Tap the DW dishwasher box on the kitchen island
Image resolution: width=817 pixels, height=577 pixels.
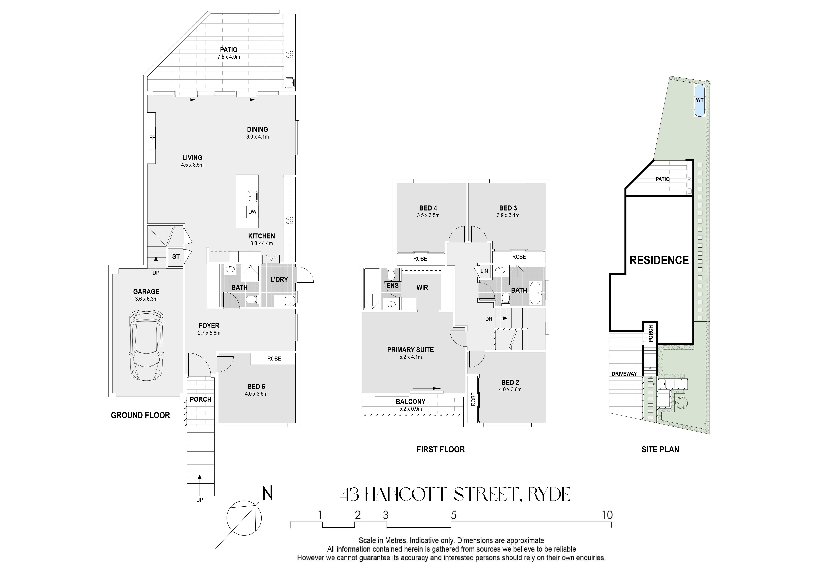click(x=252, y=212)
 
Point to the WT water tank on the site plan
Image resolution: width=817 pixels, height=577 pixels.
click(x=700, y=100)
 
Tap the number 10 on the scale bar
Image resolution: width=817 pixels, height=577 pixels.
click(x=607, y=515)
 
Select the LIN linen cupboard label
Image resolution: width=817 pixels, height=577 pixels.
click(x=484, y=271)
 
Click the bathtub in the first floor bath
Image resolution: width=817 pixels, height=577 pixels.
click(x=536, y=293)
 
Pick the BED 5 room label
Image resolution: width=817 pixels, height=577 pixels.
click(x=256, y=386)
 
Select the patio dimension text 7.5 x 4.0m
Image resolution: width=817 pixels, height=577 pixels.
click(x=229, y=57)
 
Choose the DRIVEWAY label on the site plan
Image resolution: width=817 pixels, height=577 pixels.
click(x=624, y=374)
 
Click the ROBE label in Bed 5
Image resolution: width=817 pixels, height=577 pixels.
click(x=274, y=359)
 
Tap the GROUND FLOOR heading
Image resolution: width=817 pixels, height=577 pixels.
click(x=141, y=415)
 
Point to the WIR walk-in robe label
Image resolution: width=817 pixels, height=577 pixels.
click(x=422, y=288)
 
